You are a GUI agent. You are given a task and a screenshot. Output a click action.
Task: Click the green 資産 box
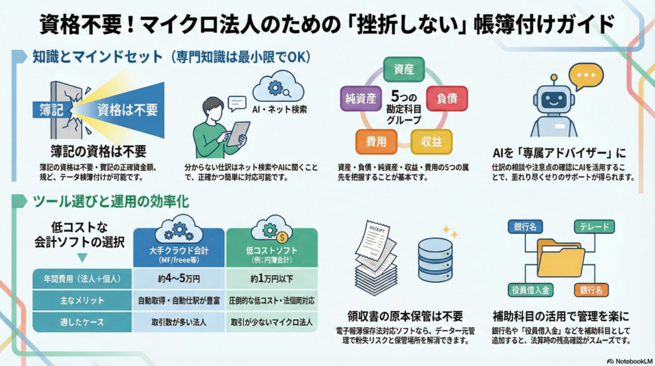(x=404, y=70)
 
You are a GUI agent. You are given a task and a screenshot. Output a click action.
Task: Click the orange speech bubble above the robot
(x=586, y=77)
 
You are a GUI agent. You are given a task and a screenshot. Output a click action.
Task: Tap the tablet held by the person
(x=239, y=132)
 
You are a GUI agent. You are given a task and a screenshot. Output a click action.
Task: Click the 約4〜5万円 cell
(x=179, y=279)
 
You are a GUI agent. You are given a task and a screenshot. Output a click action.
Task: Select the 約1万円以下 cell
(x=271, y=279)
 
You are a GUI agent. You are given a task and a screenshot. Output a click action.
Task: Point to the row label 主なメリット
(x=81, y=301)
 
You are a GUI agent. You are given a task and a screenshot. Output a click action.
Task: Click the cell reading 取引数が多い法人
(x=179, y=322)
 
